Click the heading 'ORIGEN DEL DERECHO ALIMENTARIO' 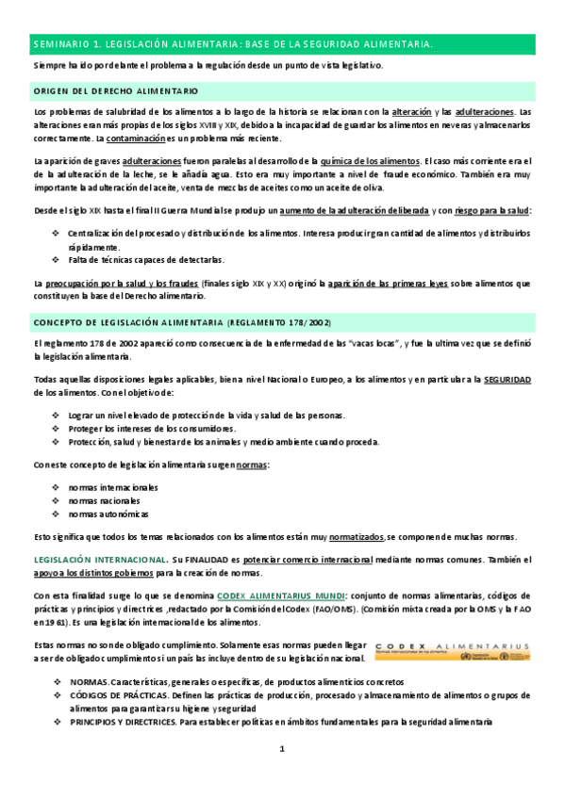115,91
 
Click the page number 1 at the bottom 282,748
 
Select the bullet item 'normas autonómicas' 108,514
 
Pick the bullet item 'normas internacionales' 113,488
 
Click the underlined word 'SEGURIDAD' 508,379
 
